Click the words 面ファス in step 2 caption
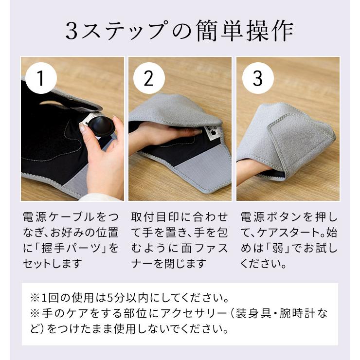tap(209, 248)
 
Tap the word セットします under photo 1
tap(52, 264)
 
